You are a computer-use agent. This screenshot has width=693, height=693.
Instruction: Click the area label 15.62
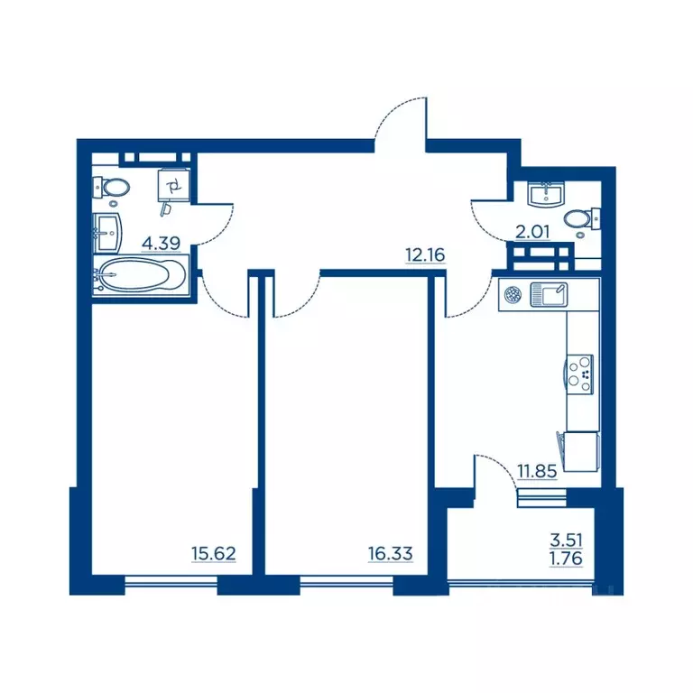tap(214, 553)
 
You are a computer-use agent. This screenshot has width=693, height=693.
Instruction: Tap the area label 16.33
tap(390, 553)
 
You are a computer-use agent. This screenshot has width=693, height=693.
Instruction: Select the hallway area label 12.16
tap(425, 255)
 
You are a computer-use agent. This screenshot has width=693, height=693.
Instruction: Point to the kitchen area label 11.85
tap(537, 472)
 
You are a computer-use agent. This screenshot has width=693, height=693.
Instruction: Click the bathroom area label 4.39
tap(161, 243)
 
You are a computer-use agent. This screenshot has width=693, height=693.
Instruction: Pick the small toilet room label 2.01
tap(532, 232)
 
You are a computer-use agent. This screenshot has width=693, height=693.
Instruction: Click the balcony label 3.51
tap(566, 541)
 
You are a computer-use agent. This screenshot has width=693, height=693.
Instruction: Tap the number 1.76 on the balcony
tap(566, 559)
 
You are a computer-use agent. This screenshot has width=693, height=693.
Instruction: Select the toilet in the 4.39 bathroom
tap(111, 188)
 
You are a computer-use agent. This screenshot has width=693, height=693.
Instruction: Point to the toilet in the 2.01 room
tap(581, 218)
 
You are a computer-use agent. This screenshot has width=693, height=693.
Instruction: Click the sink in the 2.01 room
tap(546, 194)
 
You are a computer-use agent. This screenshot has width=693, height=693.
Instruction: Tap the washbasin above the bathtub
tap(107, 233)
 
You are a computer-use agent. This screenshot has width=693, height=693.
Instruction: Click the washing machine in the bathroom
tap(174, 185)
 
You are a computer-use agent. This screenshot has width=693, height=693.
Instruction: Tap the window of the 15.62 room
tap(171, 583)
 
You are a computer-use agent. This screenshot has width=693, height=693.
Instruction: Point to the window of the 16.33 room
tap(346, 583)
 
